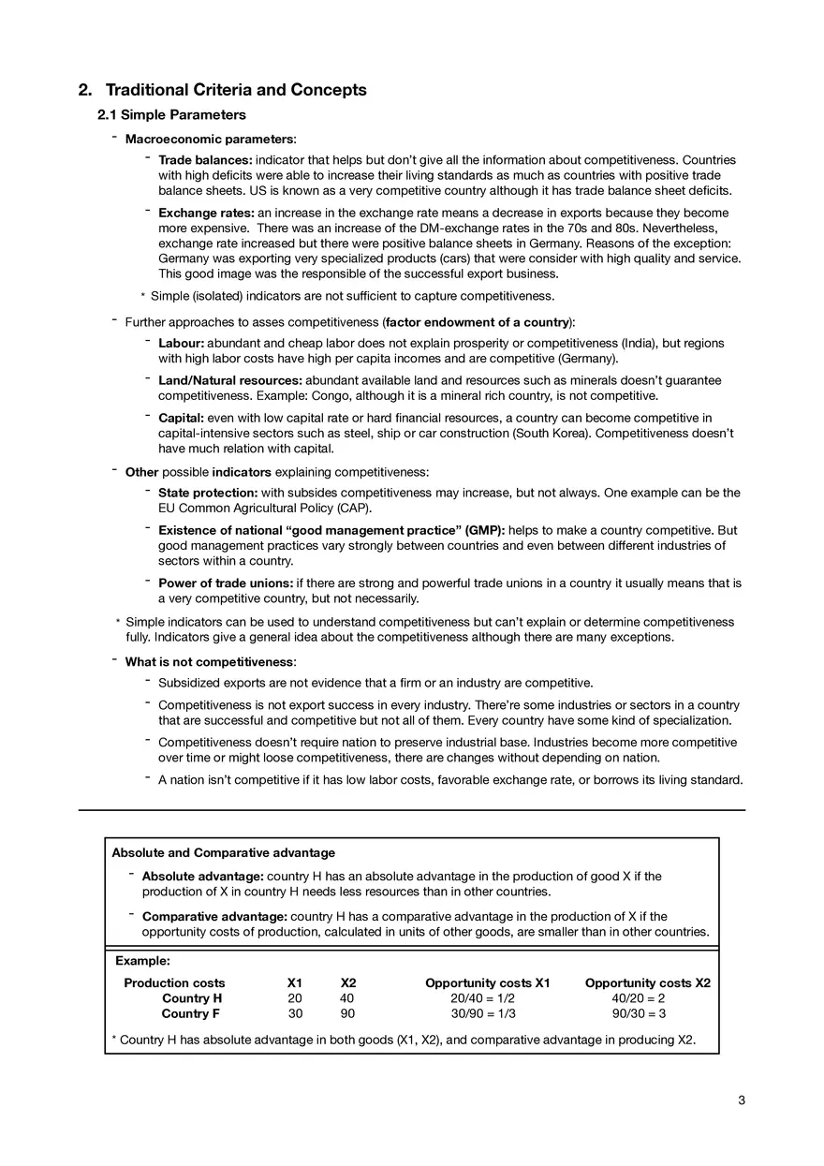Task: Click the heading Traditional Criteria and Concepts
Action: coord(235,90)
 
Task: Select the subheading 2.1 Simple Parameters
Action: coord(171,115)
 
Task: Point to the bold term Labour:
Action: coord(181,344)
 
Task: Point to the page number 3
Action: coord(741,1100)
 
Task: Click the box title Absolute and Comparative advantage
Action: coord(223,852)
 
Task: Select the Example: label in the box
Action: coord(142,960)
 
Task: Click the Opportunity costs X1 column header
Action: coord(487,982)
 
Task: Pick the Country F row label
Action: coord(191,1013)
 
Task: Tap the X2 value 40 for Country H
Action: coord(347,998)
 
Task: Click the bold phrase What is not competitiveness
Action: coord(209,661)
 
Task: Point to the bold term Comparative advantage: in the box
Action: coord(214,916)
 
